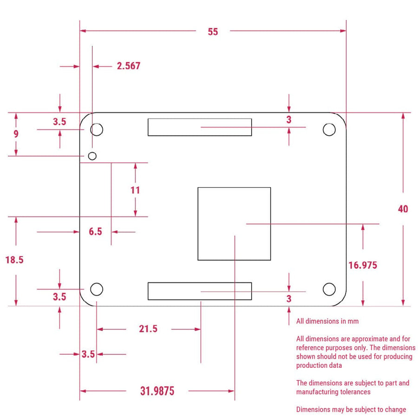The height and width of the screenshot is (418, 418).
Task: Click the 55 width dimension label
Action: coord(213,32)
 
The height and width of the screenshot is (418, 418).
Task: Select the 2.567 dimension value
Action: coord(128,66)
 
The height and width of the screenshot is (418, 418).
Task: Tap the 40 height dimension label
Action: coord(403,209)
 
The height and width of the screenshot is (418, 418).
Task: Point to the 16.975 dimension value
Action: coord(363,265)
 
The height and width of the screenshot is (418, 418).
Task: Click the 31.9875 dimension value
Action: coord(157,391)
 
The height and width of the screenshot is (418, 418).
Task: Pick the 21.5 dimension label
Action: coord(148,329)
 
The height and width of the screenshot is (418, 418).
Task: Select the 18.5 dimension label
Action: coord(14,260)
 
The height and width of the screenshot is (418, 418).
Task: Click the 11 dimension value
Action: coord(135,190)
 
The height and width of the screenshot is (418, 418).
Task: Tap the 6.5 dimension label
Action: coord(95,231)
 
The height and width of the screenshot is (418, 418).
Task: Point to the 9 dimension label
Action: coord(16,134)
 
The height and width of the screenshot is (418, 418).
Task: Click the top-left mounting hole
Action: coord(97,129)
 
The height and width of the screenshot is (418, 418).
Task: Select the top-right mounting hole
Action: coord(329,129)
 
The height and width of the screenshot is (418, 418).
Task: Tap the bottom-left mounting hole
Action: coord(97,289)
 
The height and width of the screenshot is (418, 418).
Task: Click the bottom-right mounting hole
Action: coord(329,289)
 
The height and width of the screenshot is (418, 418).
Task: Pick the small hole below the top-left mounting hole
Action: coord(92,155)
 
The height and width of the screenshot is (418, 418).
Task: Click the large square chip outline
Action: coord(234,223)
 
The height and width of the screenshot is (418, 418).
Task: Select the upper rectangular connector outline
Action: coord(200,127)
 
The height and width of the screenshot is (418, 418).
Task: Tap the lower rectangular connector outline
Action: coord(200,291)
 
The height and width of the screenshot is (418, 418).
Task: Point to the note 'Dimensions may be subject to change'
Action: coord(351,409)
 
